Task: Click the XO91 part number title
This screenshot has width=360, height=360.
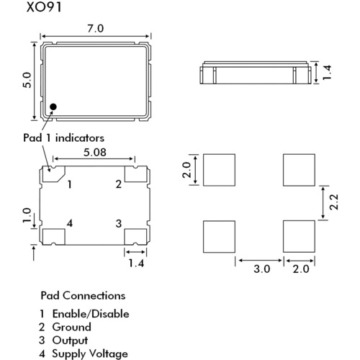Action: (x=44, y=7)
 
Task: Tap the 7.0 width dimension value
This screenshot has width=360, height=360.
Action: (x=96, y=29)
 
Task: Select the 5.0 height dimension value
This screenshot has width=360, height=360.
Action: (x=27, y=80)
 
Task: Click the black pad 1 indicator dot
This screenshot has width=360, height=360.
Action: (x=53, y=107)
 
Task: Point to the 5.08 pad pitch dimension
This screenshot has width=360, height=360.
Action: (x=95, y=153)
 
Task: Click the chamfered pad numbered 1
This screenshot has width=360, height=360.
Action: (x=53, y=174)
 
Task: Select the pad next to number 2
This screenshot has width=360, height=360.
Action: (x=135, y=174)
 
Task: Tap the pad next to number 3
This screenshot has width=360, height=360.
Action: (x=135, y=237)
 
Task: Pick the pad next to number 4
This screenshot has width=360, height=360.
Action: (x=54, y=237)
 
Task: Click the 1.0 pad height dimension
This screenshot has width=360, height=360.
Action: (x=27, y=215)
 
